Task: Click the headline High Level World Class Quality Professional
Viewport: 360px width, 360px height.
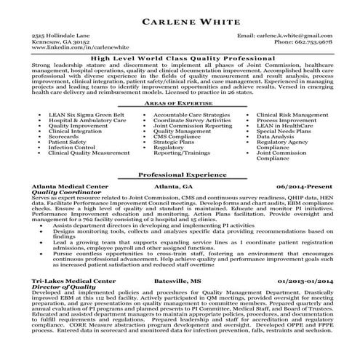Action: coord(180,57)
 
